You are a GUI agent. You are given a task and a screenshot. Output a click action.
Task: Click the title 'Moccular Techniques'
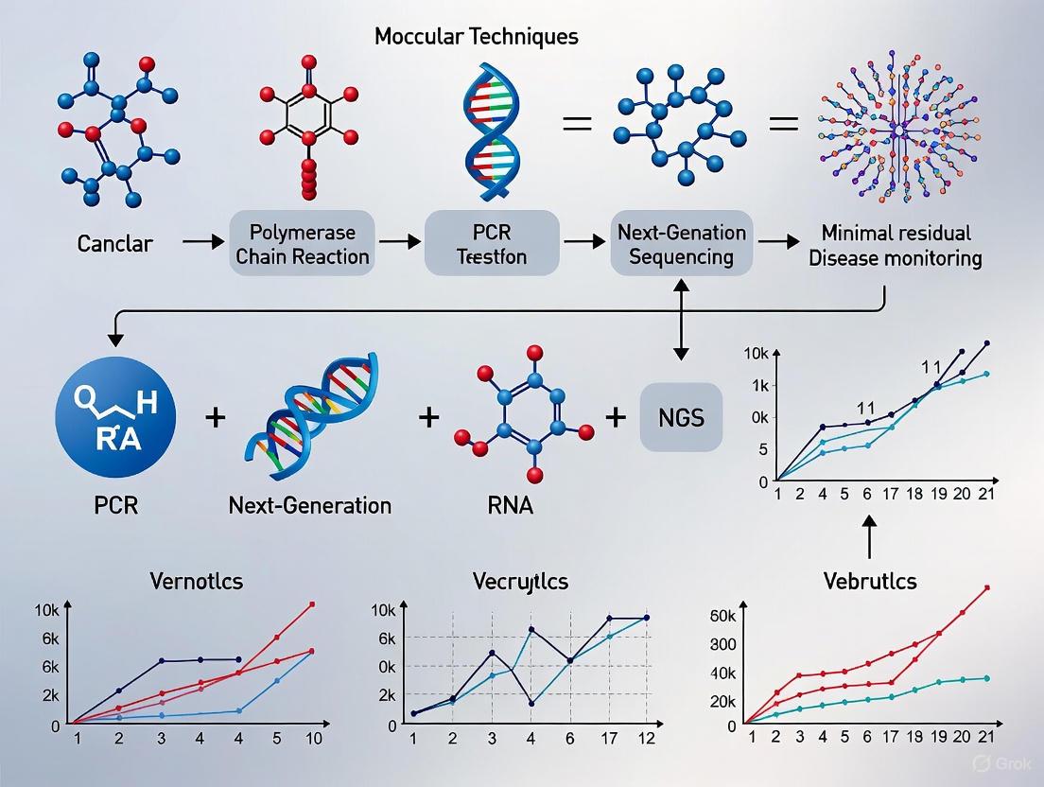coord(476,37)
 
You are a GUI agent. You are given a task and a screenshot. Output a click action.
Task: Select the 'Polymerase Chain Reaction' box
coord(303,244)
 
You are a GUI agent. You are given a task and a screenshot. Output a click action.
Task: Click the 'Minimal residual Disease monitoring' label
coord(896,245)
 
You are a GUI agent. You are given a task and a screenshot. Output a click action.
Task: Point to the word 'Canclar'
coord(116,244)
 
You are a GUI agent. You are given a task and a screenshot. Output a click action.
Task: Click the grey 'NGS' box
coord(680,417)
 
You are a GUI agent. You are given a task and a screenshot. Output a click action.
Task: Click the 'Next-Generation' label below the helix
coord(310,505)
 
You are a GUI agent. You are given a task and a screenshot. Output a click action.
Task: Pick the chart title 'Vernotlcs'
coord(196,581)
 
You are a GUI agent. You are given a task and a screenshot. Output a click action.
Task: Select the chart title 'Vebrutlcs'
coord(870,581)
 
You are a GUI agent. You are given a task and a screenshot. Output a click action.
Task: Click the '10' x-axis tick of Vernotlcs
coord(314,738)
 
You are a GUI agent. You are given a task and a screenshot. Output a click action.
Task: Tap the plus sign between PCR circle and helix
coord(215,416)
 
